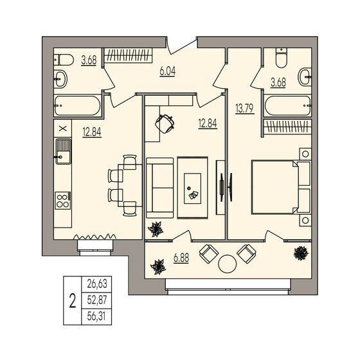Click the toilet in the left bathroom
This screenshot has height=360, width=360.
[x=60, y=60]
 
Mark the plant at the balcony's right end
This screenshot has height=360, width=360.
[x=300, y=253]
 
